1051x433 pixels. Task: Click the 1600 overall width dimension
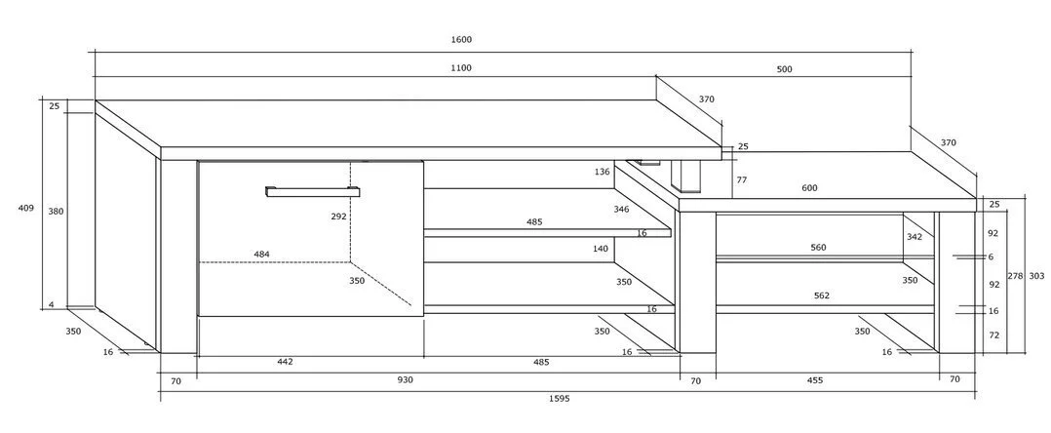tap(461, 40)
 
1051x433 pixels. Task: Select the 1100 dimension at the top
tap(461, 68)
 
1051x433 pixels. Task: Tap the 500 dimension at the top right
tap(784, 68)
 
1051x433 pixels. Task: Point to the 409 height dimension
tap(26, 208)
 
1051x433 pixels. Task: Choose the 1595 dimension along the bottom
tap(559, 399)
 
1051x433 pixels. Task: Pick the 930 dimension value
tap(404, 379)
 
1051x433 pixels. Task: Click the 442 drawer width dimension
tap(284, 362)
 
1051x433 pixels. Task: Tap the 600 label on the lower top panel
tap(809, 188)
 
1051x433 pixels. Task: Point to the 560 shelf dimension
tap(818, 248)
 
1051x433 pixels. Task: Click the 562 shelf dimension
tap(821, 295)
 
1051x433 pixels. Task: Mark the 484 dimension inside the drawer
tap(262, 255)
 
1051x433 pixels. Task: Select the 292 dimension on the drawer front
tap(338, 216)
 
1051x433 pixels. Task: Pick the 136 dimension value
tap(602, 173)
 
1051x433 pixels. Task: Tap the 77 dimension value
tap(742, 180)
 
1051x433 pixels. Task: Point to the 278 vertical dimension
tap(1014, 276)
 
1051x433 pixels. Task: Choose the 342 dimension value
tap(913, 237)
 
